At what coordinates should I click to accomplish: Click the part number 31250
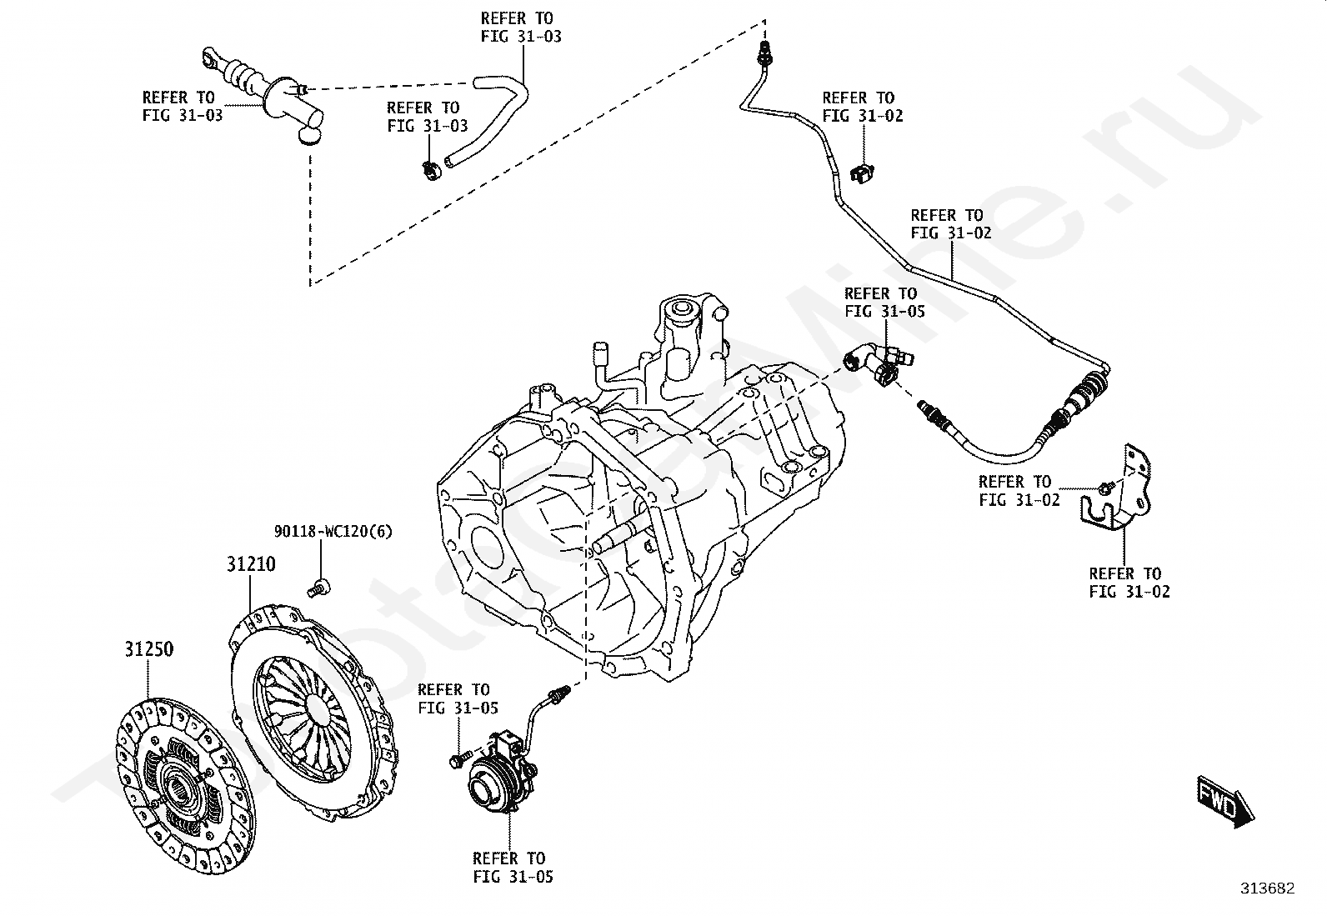click(x=149, y=648)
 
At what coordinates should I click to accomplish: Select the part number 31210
click(x=250, y=564)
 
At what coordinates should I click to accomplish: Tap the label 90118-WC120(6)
click(x=333, y=531)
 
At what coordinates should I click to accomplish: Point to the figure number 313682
click(x=1266, y=888)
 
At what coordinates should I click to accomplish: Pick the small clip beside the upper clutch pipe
click(x=862, y=173)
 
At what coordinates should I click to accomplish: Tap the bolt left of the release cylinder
click(x=456, y=761)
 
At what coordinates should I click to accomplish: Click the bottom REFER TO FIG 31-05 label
click(x=513, y=867)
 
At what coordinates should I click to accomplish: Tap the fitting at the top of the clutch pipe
click(x=763, y=57)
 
